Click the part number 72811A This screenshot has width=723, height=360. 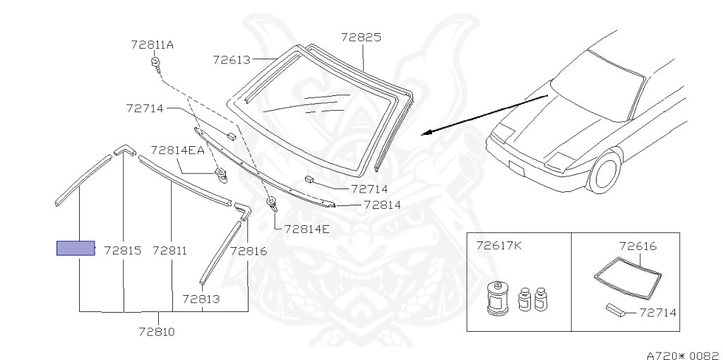(152, 44)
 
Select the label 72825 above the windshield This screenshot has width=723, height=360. (361, 37)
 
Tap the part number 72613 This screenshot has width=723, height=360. (232, 60)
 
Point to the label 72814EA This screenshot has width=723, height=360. (177, 150)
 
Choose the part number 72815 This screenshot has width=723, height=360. (123, 251)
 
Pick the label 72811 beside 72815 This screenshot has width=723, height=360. (169, 251)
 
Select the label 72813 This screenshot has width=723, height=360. (201, 299)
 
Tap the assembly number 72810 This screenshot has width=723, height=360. (157, 331)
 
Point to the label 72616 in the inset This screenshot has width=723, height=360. (638, 246)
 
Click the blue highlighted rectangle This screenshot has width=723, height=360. (76, 248)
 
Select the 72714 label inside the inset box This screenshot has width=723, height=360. (659, 311)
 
